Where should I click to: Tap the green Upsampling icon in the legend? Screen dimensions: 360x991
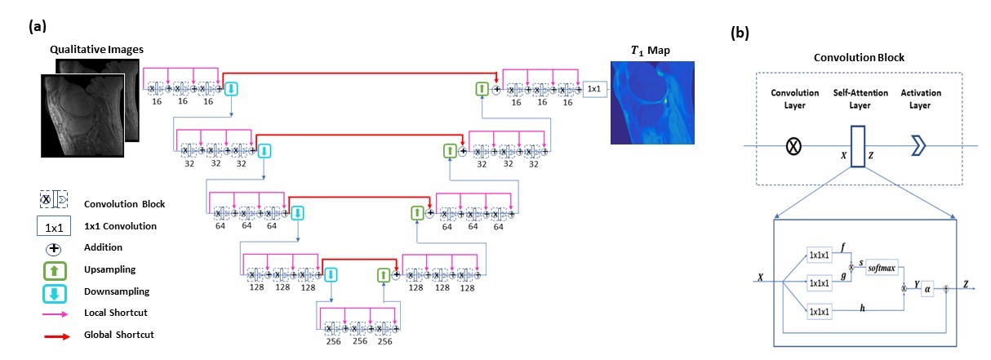[50, 269]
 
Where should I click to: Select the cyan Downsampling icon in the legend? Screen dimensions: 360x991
[50, 291]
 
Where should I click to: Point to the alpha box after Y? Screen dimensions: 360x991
[927, 287]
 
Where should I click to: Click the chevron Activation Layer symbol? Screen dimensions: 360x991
[920, 146]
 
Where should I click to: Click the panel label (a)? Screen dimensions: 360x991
[37, 26]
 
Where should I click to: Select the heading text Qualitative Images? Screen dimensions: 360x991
[96, 50]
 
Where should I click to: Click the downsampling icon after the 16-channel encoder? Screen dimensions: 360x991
[231, 87]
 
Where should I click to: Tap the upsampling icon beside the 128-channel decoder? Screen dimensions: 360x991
[383, 275]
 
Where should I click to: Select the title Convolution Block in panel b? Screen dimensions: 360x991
[851, 58]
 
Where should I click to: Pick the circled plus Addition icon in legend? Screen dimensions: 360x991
[50, 247]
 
